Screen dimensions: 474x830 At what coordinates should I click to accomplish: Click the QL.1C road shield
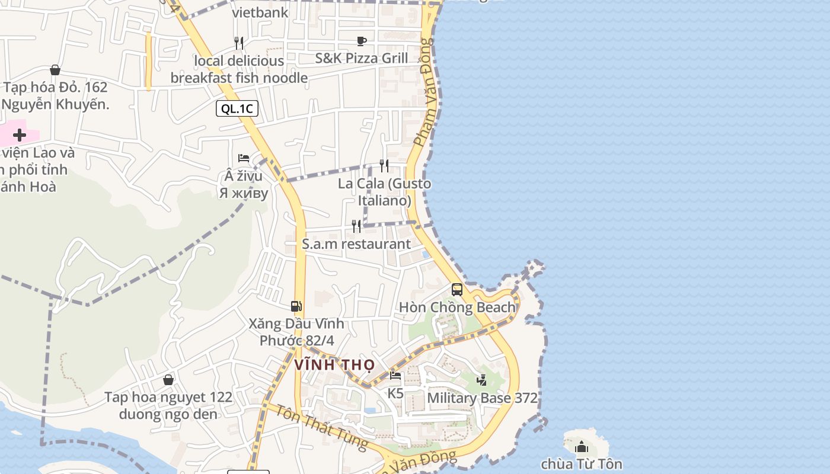pos(237,108)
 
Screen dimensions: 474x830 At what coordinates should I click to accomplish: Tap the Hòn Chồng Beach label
pos(457,308)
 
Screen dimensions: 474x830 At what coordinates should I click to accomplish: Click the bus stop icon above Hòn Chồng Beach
pos(457,290)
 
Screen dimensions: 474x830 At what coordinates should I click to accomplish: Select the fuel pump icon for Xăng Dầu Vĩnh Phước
pos(296,306)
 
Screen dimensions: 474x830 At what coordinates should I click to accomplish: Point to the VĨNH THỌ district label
pos(334,365)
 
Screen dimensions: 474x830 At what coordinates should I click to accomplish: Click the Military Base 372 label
pos(482,398)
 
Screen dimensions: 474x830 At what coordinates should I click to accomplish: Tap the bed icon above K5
pos(395,376)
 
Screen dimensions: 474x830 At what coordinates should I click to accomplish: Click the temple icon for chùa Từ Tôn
pos(582,447)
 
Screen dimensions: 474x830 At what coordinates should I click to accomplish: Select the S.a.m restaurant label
pos(356,244)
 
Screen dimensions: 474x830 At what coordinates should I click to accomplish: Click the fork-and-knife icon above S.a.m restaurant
pos(356,226)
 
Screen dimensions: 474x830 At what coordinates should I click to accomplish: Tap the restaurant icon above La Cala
pos(385,166)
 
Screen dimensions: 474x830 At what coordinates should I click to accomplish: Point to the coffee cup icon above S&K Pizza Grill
pos(362,41)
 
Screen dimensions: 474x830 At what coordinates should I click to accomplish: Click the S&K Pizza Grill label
pos(362,58)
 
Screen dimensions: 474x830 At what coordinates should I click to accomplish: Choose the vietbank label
pos(260,12)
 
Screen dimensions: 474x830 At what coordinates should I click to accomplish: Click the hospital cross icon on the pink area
pos(20,135)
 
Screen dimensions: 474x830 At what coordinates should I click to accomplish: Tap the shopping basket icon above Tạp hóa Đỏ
pos(55,71)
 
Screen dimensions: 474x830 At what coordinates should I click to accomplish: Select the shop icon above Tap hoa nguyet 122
pos(168,380)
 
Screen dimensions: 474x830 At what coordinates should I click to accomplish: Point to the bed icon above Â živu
pos(244,158)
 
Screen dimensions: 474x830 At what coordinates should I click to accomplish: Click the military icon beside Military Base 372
pos(482,380)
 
